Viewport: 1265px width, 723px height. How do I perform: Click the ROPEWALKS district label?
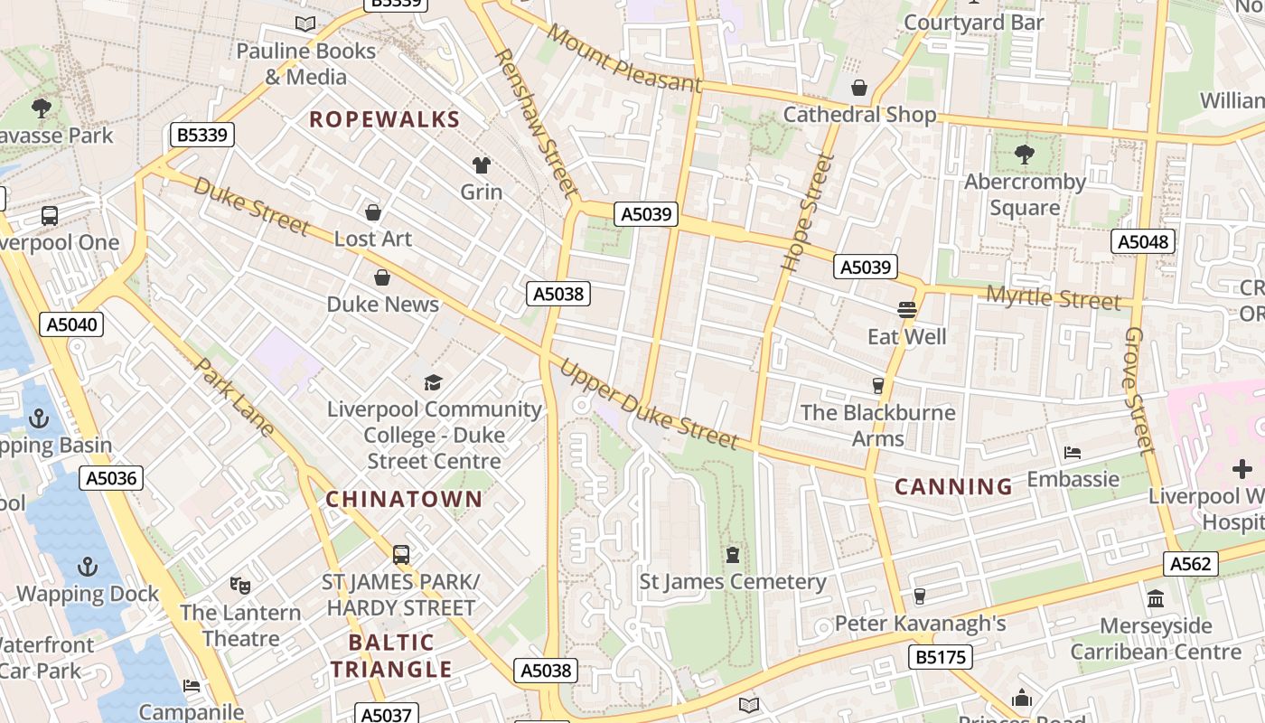(385, 119)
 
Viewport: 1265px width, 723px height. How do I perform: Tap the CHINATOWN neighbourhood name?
(404, 499)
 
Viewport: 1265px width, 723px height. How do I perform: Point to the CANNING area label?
(953, 487)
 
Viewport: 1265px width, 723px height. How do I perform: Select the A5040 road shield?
(71, 324)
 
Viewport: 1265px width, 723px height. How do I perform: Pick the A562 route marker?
(1190, 564)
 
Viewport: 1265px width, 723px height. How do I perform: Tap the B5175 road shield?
(941, 657)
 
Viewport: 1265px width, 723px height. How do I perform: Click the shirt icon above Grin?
(482, 164)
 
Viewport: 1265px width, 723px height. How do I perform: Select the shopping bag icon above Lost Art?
(372, 212)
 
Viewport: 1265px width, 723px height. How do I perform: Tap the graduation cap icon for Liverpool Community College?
(434, 382)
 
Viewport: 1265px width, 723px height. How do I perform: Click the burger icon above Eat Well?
(907, 310)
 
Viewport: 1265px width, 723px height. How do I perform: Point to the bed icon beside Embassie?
(1073, 452)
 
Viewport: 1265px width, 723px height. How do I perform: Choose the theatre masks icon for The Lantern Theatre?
(239, 585)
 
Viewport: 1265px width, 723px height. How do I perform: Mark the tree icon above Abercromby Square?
(1025, 155)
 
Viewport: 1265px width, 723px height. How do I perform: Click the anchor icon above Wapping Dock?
(88, 567)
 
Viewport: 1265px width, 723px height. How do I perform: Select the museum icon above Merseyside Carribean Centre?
(1156, 598)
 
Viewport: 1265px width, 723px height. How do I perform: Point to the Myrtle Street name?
(1053, 297)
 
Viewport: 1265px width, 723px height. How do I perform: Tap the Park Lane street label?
(234, 399)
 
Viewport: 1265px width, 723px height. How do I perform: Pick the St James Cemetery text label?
(733, 582)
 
